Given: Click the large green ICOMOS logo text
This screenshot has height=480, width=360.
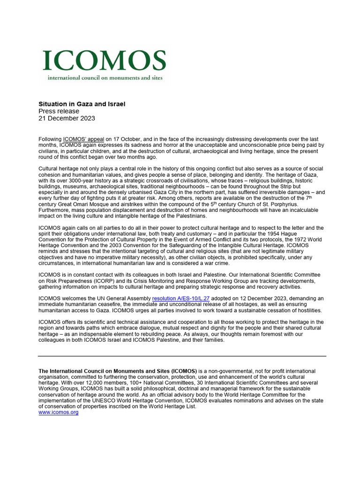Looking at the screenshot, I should coord(104,60).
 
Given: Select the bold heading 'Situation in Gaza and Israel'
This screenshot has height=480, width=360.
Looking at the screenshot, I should coord(82,103).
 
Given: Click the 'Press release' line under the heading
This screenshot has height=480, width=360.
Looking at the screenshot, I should coord(59,111).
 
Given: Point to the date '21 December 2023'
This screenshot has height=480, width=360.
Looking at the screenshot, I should coord(67,119).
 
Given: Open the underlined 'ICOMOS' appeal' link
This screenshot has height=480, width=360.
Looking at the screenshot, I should coord(83,139).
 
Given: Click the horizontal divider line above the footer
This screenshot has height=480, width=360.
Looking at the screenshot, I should coord(182,356).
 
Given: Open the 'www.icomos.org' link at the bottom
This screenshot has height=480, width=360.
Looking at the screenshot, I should coord(58,412).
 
